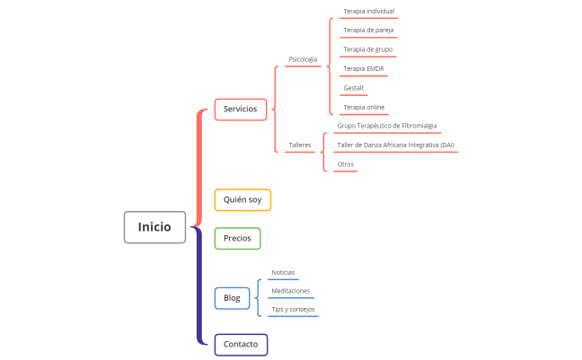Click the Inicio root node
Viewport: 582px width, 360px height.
pos(154,227)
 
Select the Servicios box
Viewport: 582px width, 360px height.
pos(240,109)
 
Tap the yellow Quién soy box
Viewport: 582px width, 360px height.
pos(242,199)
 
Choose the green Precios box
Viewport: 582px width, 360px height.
pos(237,238)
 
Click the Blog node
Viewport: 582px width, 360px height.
pos(232,298)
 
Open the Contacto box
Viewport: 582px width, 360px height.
pos(241,344)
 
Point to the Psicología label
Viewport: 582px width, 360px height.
pos(303,59)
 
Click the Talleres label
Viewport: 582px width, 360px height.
pos(300,145)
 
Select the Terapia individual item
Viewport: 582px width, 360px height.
pos(368,12)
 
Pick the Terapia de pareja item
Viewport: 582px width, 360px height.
pos(368,31)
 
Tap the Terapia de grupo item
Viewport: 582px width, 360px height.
pos(367,49)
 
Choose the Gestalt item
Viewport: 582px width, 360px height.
pos(353,88)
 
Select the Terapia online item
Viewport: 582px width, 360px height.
pos(364,107)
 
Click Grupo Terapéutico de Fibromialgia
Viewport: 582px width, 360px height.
pos(387,126)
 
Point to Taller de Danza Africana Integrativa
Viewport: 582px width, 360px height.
pos(395,145)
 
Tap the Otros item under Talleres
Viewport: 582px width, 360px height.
pos(345,164)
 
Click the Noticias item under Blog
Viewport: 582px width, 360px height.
pos(283,272)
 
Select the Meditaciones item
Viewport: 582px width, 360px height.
pos(291,291)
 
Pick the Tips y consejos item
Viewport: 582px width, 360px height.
pos(293,310)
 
